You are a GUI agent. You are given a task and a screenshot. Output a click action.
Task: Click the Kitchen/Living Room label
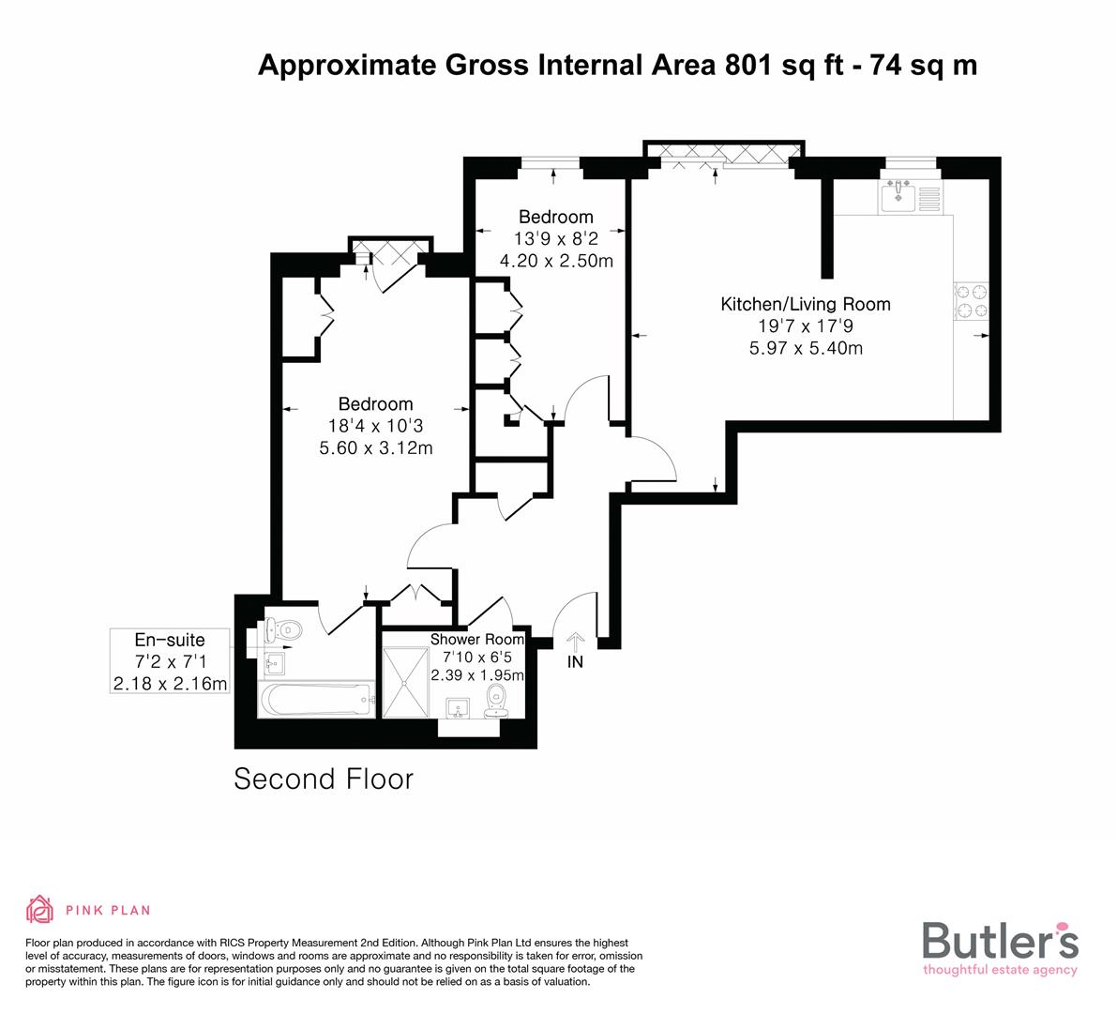pos(805,304)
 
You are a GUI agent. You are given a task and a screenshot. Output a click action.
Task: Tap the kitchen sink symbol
pos(898,196)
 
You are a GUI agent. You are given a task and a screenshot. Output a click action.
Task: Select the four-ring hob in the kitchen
pos(971,300)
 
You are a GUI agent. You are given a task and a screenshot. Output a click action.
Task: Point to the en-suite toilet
pos(285,630)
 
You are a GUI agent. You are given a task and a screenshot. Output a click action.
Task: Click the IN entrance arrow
pos(575,642)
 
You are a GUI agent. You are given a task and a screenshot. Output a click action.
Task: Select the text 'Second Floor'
pos(324,779)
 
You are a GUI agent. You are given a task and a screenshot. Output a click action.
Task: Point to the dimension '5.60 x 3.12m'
pos(375,448)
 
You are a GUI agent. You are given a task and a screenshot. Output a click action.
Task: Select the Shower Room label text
pos(477,640)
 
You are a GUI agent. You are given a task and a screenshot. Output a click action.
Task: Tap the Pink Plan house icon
pos(40,909)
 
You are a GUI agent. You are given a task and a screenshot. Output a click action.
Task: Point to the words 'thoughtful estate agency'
pos(1000,970)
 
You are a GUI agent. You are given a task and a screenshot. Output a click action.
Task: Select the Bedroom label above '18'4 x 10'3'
pos(375,404)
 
